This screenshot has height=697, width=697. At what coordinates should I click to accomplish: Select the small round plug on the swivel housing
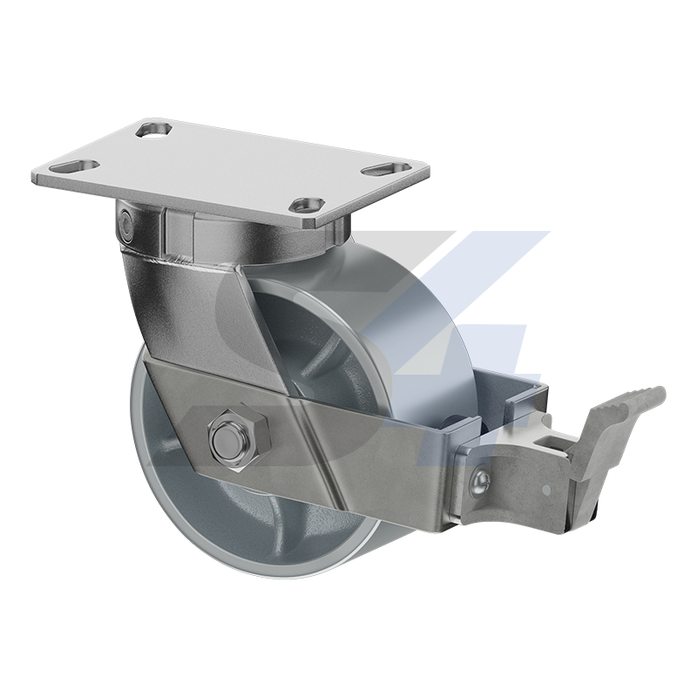(x=126, y=225)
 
